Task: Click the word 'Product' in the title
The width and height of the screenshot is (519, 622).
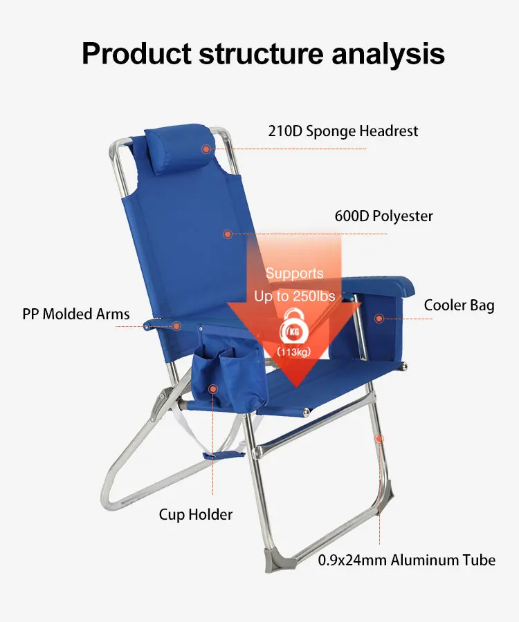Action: pyautogui.click(x=136, y=53)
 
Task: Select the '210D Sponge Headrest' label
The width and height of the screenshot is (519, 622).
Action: pyautogui.click(x=343, y=131)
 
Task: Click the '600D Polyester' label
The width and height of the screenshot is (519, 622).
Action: pyautogui.click(x=383, y=216)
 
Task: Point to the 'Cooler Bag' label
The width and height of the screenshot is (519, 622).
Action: pyautogui.click(x=459, y=305)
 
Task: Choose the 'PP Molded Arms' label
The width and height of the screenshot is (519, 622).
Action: pyautogui.click(x=76, y=314)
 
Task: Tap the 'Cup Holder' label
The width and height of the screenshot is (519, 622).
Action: pyautogui.click(x=196, y=515)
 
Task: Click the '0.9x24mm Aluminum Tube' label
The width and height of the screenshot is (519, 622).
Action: pyautogui.click(x=407, y=560)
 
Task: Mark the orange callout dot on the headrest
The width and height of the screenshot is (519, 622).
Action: pyautogui.click(x=206, y=149)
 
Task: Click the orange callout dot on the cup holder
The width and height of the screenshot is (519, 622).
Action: pyautogui.click(x=213, y=388)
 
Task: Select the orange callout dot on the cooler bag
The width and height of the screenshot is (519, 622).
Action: pyautogui.click(x=379, y=318)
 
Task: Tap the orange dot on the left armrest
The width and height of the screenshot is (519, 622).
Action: pyautogui.click(x=176, y=326)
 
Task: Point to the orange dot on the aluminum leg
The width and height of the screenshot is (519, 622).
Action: pyautogui.click(x=380, y=438)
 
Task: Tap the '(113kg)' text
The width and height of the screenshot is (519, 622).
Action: pyautogui.click(x=294, y=352)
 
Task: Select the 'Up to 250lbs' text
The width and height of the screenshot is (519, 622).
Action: pyautogui.click(x=294, y=296)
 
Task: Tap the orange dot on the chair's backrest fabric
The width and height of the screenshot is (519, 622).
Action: pyautogui.click(x=227, y=234)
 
